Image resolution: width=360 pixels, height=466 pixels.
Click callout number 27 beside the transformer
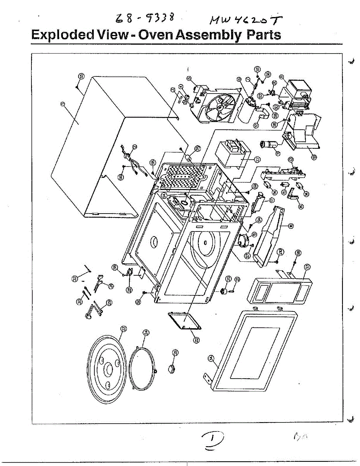point(257,159)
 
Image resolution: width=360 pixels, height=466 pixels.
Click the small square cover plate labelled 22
point(184,320)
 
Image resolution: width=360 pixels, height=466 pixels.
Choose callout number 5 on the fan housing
point(189,78)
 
